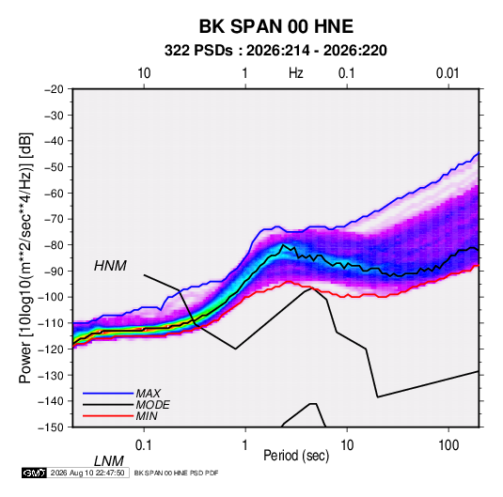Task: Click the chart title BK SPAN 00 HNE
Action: tap(276, 26)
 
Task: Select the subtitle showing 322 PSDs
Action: tap(275, 51)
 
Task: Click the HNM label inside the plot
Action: tap(110, 266)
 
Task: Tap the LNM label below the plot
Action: tap(109, 461)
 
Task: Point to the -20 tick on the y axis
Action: tap(54, 89)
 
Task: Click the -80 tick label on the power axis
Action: tap(54, 245)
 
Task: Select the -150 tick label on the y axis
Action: tap(51, 427)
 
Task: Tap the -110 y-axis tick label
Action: tap(51, 323)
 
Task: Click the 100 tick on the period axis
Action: tap(448, 445)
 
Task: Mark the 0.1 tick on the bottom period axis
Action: tap(144, 445)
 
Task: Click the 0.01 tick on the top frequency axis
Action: tap(448, 73)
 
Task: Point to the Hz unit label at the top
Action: tap(296, 73)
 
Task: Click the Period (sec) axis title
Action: tap(296, 456)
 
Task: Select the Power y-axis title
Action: tap(25, 257)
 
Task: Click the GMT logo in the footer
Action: tap(34, 473)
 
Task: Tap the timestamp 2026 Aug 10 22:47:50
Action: tap(87, 473)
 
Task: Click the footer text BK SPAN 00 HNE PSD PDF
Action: tap(176, 473)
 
